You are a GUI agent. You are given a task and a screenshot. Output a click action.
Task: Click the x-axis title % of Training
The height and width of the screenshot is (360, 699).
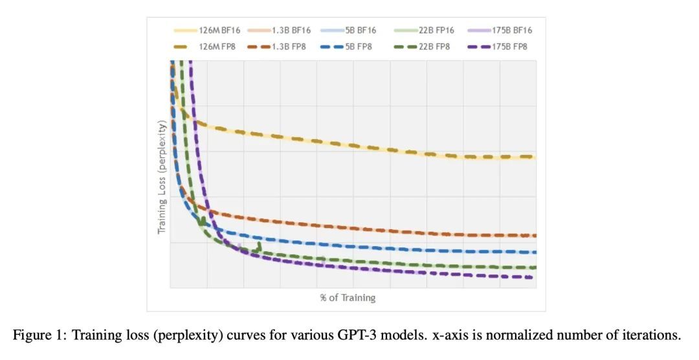tap(348, 298)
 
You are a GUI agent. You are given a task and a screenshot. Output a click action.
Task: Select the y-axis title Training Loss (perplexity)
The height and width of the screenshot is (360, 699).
tap(162, 176)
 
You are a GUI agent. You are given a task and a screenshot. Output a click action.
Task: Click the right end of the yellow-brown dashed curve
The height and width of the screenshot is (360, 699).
tap(535, 157)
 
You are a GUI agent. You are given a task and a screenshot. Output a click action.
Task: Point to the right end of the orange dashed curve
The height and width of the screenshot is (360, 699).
tap(535, 236)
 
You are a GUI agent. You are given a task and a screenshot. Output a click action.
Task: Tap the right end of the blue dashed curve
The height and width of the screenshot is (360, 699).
tap(535, 252)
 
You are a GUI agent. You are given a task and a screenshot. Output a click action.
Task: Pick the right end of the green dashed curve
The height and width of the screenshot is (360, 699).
tap(535, 267)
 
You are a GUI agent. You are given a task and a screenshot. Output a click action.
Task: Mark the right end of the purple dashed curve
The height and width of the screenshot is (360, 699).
tap(531, 277)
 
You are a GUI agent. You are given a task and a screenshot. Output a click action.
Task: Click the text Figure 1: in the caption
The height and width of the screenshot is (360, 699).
tap(40, 335)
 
